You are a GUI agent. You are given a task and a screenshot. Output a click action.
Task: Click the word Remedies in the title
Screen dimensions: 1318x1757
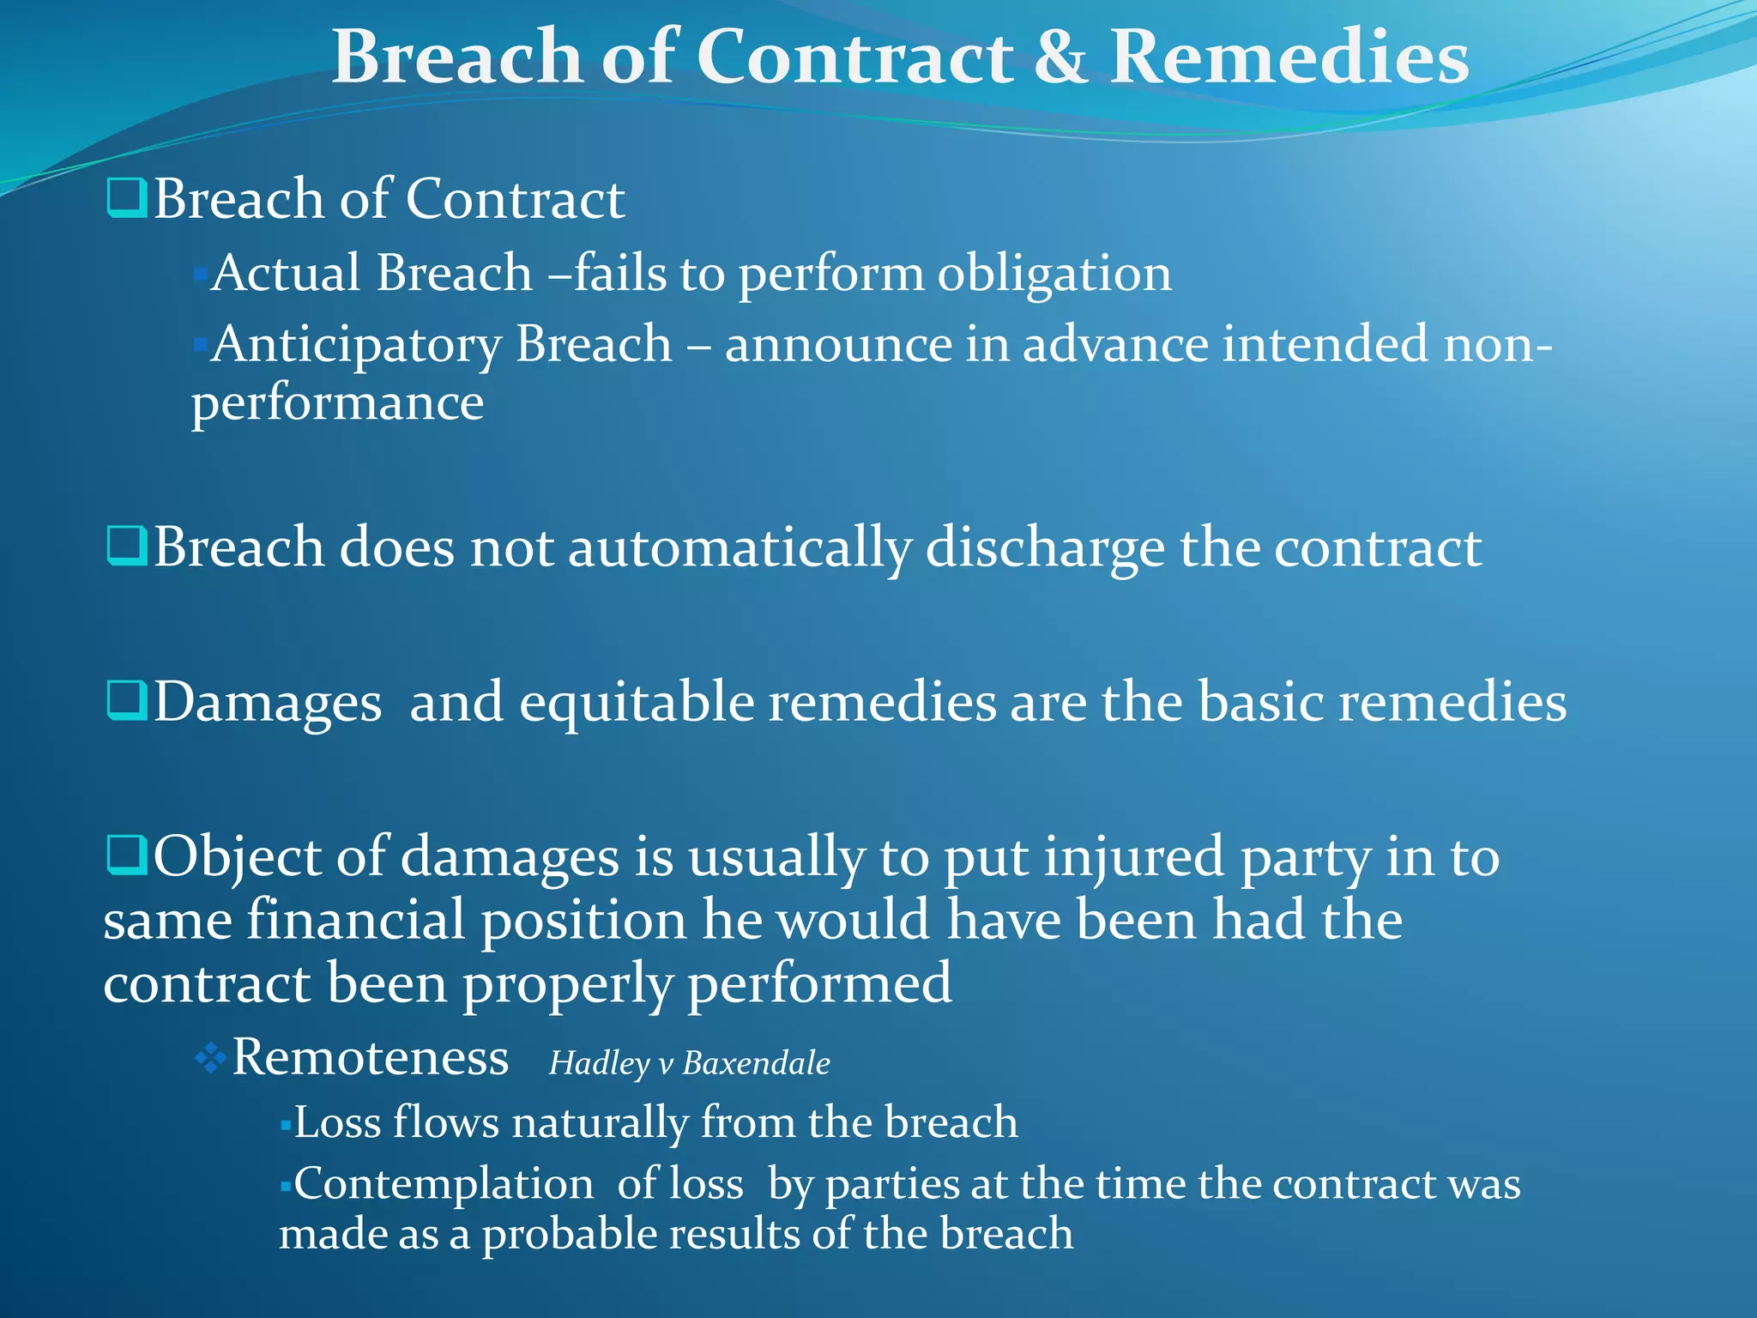pyautogui.click(x=1289, y=57)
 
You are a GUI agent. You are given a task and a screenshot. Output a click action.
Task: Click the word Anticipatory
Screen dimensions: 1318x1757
pyautogui.click(x=356, y=346)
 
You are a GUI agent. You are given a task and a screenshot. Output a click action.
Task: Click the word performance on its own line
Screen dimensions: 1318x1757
pyautogui.click(x=337, y=403)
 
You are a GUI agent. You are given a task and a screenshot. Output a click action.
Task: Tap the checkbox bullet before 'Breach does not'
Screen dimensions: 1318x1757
pyautogui.click(x=127, y=546)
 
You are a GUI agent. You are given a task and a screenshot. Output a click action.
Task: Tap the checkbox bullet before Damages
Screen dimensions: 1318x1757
pyautogui.click(x=127, y=701)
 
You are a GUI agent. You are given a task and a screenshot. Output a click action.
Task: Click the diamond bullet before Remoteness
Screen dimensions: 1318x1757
pyautogui.click(x=210, y=1059)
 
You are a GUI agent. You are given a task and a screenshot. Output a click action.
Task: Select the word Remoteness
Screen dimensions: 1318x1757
pyautogui.click(x=371, y=1057)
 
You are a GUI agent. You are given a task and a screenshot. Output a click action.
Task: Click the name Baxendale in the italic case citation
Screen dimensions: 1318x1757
pyautogui.click(x=756, y=1064)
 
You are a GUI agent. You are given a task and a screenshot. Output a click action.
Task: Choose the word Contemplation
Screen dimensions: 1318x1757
pyautogui.click(x=444, y=1185)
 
